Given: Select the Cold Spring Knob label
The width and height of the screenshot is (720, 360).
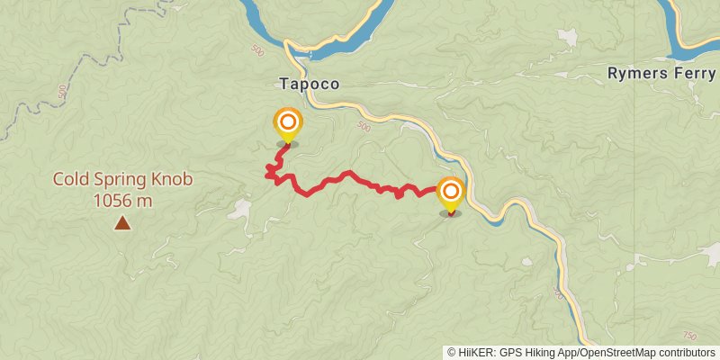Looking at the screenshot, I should pos(122,179).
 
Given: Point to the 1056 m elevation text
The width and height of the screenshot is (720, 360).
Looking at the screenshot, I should pos(122,200).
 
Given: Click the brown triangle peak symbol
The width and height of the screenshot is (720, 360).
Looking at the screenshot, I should pos(121,221).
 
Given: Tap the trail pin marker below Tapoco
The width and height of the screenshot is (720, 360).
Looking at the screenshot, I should pos(287,124).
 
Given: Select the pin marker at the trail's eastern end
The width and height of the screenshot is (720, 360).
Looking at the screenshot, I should pos(450,193).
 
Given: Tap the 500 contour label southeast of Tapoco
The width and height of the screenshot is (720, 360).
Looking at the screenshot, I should pos(363,127).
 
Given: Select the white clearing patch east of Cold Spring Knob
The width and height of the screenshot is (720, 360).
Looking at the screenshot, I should pos(238,211).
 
